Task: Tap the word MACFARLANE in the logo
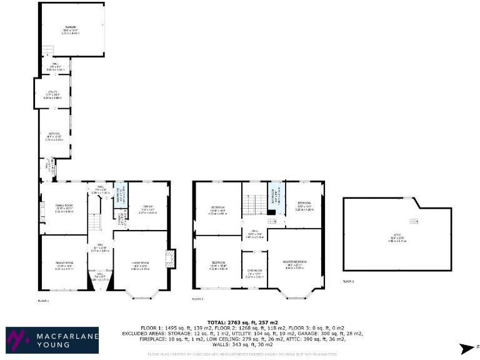point(61,336)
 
